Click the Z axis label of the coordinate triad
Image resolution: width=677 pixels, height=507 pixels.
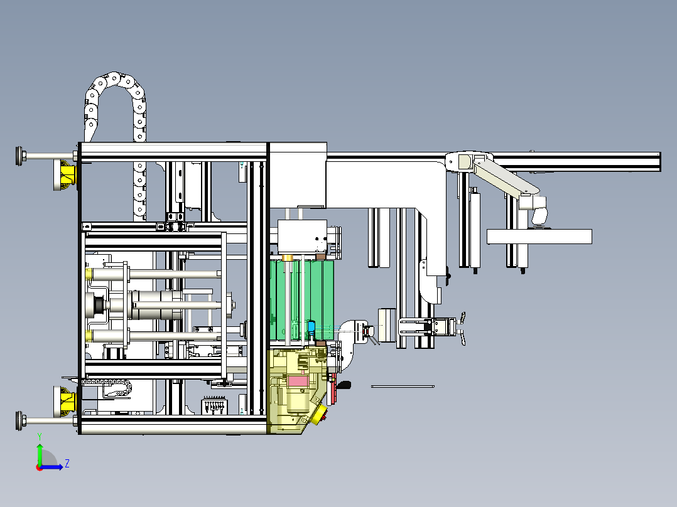click(67, 464)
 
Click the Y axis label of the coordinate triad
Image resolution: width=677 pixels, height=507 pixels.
click(39, 435)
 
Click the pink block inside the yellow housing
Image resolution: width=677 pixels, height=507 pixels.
click(297, 380)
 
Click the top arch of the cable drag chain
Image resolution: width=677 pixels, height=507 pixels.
click(114, 82)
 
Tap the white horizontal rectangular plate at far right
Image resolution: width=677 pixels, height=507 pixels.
click(539, 237)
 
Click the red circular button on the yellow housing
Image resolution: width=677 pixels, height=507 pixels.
click(323, 414)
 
